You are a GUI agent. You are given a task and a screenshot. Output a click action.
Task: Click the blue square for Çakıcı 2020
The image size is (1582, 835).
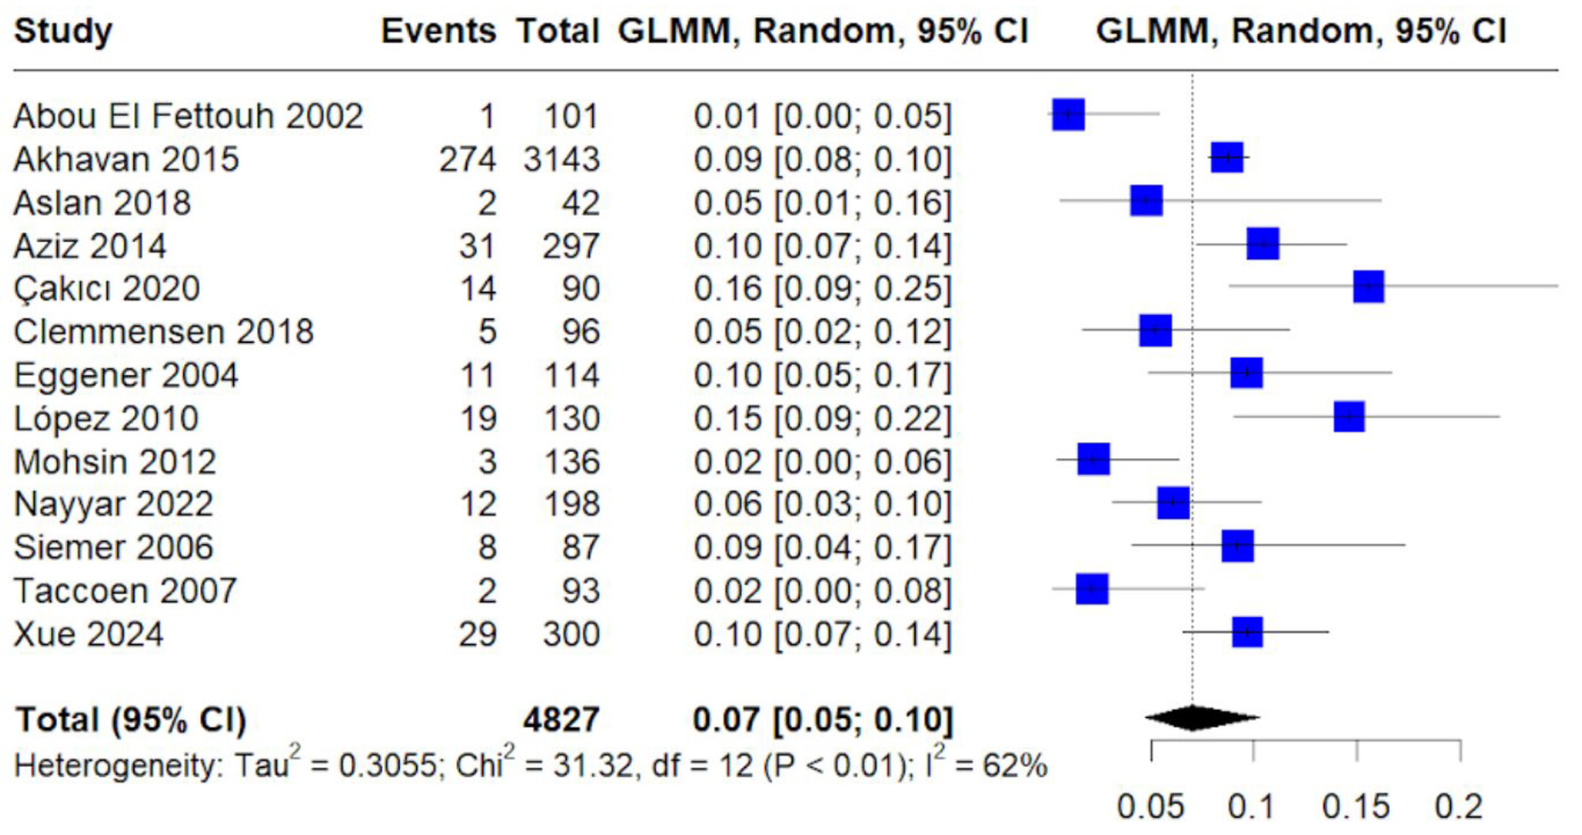(1368, 288)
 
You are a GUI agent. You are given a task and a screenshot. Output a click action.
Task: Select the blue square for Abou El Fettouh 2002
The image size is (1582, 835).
(1068, 114)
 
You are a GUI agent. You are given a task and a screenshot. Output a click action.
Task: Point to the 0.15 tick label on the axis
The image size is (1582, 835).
(1355, 806)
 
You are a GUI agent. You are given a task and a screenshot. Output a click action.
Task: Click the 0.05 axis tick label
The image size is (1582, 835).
(1150, 806)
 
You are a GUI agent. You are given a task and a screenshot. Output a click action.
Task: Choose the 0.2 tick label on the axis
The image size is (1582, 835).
(1459, 806)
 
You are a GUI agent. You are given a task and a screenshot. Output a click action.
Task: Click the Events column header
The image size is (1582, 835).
(437, 31)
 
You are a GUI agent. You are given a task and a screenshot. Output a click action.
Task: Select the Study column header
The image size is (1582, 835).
(63, 31)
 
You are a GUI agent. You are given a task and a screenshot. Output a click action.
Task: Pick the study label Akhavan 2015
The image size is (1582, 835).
(126, 160)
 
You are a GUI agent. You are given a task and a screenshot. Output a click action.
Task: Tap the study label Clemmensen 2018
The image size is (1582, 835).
(163, 332)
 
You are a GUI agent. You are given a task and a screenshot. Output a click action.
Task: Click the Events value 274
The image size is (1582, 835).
(467, 160)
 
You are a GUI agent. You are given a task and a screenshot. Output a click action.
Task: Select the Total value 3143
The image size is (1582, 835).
(562, 160)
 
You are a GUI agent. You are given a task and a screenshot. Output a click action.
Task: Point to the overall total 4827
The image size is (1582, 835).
(561, 720)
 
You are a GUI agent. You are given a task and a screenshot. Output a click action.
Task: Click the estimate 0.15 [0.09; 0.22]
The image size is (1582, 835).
(822, 419)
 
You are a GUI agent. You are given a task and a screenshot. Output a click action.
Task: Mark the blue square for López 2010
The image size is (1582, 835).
(1348, 416)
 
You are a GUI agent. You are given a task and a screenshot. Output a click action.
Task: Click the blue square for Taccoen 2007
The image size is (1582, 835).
(1091, 589)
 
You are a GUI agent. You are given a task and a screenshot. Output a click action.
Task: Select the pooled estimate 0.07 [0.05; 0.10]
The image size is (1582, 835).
(822, 720)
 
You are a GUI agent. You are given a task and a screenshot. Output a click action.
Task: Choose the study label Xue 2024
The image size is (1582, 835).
(88, 635)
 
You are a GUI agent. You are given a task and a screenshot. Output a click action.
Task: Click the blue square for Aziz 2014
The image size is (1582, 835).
(1262, 244)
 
